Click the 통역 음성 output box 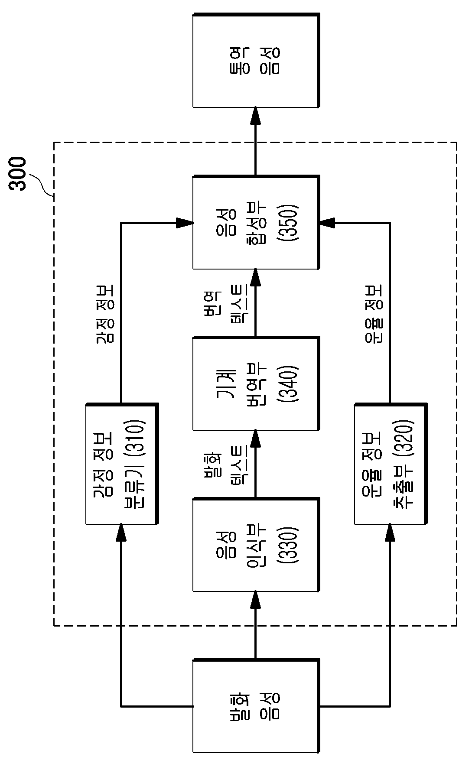(x=256, y=60)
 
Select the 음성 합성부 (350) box (x=256, y=222)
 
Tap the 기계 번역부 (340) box (x=256, y=383)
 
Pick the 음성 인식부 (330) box (x=256, y=545)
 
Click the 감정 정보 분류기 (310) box (x=122, y=464)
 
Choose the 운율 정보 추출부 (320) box (x=391, y=464)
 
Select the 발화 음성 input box (x=256, y=706)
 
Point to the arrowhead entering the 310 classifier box (x=121, y=532)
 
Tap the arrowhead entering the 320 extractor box (x=390, y=532)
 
